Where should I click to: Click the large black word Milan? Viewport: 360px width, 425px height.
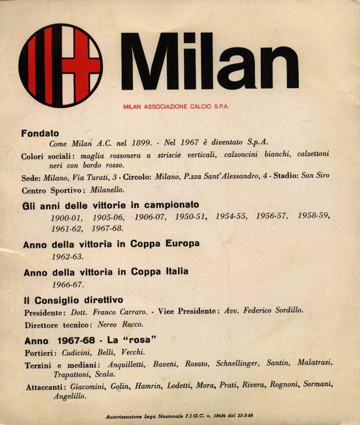[x=210, y=61]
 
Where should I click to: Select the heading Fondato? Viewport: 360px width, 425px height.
[x=40, y=134]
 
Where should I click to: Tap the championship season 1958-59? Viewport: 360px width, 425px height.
[x=314, y=216]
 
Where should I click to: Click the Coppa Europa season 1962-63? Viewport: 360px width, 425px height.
[x=67, y=257]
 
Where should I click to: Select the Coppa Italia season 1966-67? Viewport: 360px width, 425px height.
[x=67, y=285]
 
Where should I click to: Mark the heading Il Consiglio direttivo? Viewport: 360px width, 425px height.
[x=73, y=300]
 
